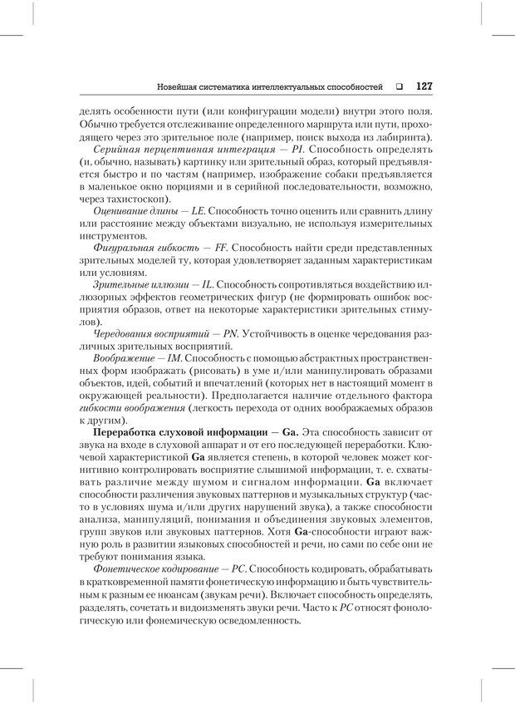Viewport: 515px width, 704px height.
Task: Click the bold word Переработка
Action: coord(131,433)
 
